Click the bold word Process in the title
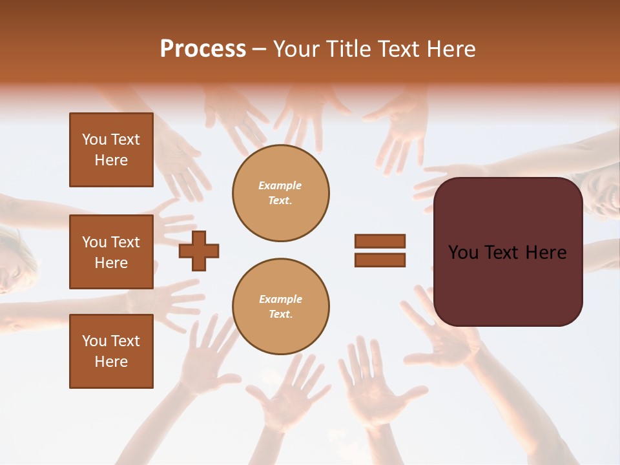coord(203,49)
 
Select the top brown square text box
coord(111,150)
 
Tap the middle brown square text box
coord(111,252)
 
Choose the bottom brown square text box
coord(111,351)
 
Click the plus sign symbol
coord(199,251)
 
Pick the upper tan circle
coord(281,193)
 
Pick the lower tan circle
coord(281,307)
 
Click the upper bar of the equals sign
coord(380,241)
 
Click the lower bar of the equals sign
coord(380,260)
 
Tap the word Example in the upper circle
coord(280,186)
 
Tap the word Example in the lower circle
coord(280,300)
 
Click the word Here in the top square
coord(111,160)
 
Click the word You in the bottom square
coord(94,341)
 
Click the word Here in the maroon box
coord(546,253)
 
